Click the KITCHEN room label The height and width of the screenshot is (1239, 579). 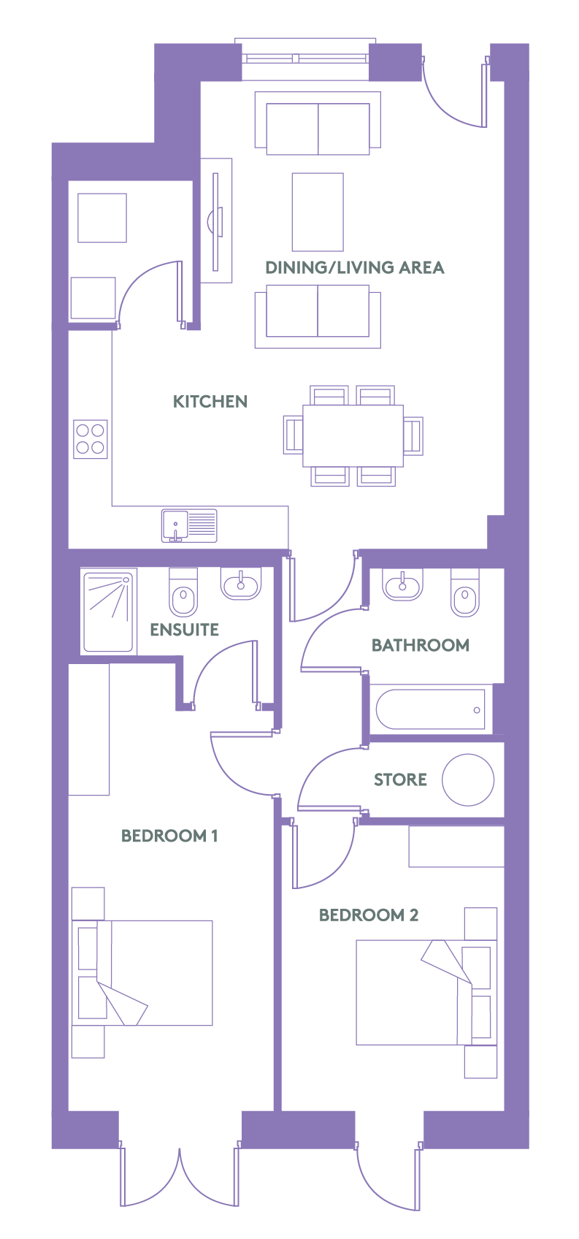click(x=210, y=401)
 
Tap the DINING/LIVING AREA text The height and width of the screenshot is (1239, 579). click(x=354, y=267)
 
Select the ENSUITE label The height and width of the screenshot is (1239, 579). click(x=184, y=630)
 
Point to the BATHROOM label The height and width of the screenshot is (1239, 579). click(x=421, y=645)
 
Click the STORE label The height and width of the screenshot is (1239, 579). click(x=400, y=779)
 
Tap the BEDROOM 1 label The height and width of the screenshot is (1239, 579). click(x=169, y=835)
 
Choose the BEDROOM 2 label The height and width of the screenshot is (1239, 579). click(x=368, y=915)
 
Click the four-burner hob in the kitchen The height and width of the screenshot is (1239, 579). click(x=90, y=439)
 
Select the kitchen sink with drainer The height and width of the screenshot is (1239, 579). click(x=189, y=525)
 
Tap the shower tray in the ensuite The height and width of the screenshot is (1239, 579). click(x=108, y=611)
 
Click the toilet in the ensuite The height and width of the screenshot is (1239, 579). click(x=183, y=592)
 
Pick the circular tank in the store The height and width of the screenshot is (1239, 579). click(x=468, y=780)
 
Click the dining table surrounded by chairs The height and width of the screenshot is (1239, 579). click(x=353, y=436)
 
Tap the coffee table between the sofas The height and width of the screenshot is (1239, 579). click(x=318, y=212)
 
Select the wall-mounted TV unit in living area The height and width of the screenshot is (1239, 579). click(x=216, y=221)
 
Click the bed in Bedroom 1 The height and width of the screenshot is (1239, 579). click(x=142, y=973)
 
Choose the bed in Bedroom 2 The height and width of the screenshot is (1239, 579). click(x=426, y=992)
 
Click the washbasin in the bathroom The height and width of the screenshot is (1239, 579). click(x=402, y=584)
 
